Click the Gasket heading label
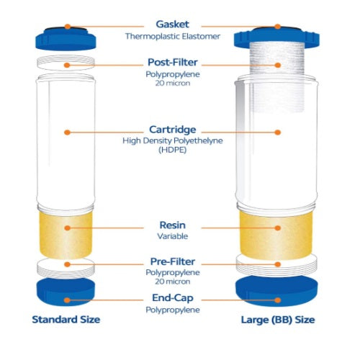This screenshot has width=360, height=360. click(x=172, y=24)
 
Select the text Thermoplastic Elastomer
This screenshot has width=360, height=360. click(x=173, y=37)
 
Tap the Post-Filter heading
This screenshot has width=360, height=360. click(x=173, y=63)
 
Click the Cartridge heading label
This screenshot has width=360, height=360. click(x=173, y=130)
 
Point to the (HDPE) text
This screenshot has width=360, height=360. click(x=173, y=150)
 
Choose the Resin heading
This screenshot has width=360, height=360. click(x=173, y=225)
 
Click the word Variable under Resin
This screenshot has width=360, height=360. click(x=173, y=236)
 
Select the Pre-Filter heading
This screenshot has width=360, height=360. click(x=173, y=261)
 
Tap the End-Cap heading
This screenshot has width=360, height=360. click(x=173, y=298)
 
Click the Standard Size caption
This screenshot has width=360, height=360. click(x=66, y=320)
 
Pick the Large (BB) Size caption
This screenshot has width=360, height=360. click(x=278, y=320)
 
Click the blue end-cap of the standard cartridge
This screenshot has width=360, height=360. click(x=66, y=292)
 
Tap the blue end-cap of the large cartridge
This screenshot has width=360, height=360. click(x=276, y=291)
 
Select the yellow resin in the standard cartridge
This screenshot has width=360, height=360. click(x=66, y=234)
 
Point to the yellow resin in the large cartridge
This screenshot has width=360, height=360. click(x=276, y=235)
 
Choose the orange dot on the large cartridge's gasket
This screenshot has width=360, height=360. click(x=278, y=27)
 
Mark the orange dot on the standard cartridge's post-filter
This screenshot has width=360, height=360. click(x=67, y=65)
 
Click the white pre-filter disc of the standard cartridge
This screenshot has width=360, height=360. click(x=66, y=269)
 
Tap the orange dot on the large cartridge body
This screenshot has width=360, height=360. click(x=278, y=132)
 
